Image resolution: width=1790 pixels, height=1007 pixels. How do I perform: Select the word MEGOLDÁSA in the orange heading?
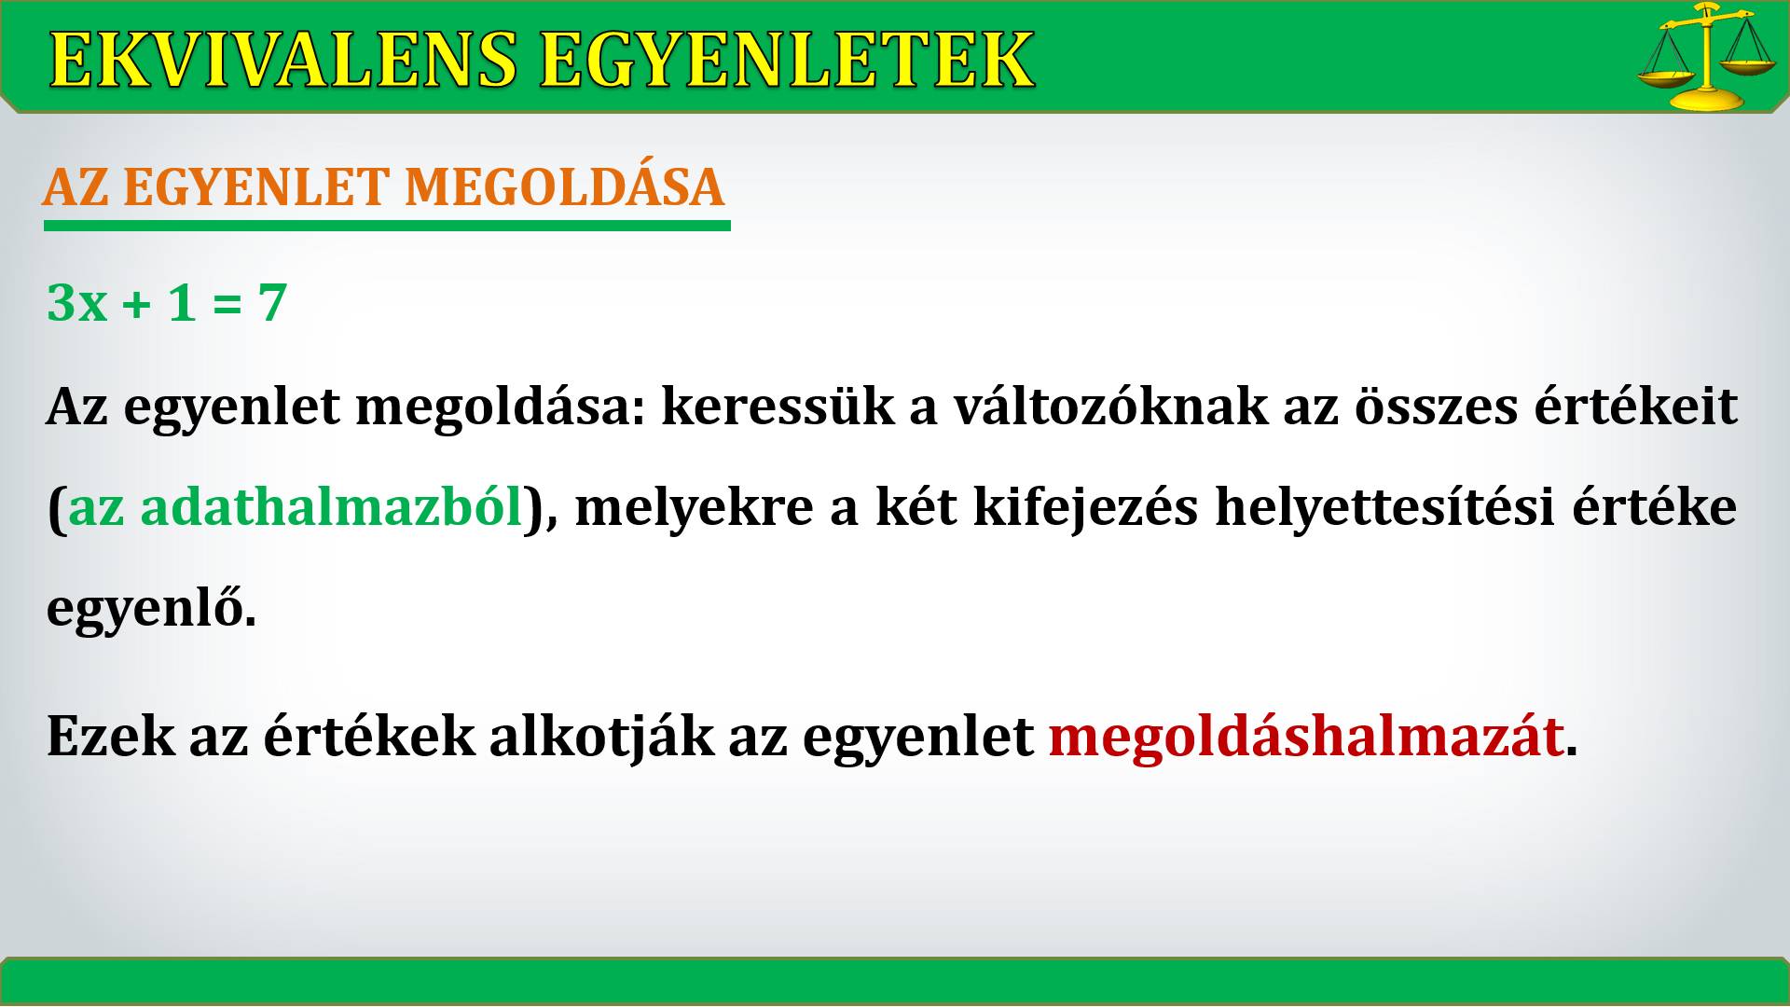[x=564, y=186]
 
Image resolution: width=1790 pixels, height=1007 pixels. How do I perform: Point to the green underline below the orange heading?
[x=387, y=226]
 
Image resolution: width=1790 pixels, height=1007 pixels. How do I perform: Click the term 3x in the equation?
[x=76, y=303]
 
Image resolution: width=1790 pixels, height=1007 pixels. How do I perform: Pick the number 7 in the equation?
[x=271, y=303]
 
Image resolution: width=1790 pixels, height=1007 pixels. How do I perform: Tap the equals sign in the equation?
[x=227, y=304]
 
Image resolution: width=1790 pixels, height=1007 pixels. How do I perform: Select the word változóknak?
[x=1110, y=407]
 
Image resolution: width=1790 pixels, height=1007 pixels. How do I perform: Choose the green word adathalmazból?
[x=331, y=507]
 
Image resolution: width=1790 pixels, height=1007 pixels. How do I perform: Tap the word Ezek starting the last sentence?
[x=110, y=737]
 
